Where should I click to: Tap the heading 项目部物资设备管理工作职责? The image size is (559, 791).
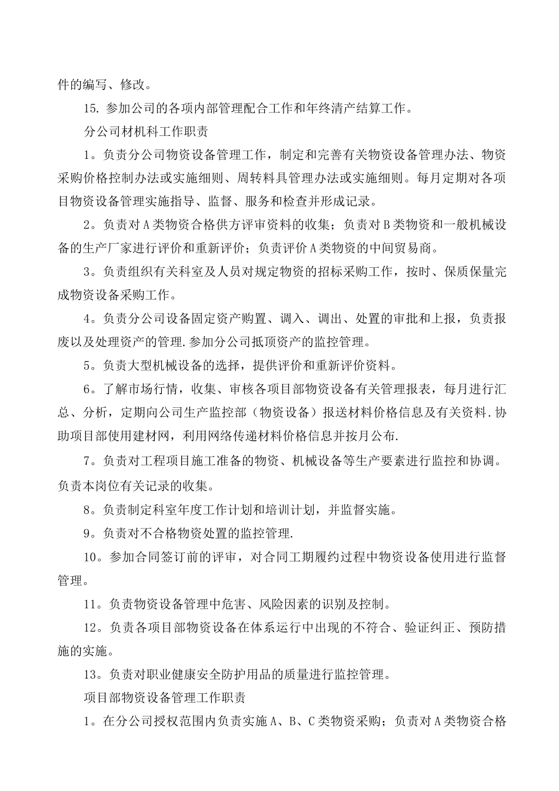tap(165, 697)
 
